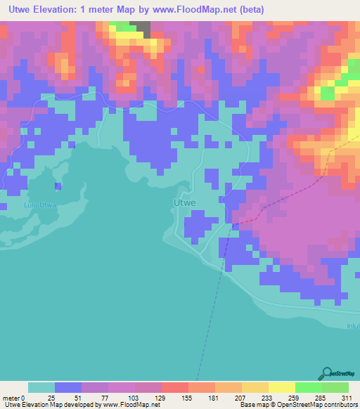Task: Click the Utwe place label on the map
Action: tap(184, 202)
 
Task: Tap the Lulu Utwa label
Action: tap(39, 205)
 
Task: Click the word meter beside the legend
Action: tap(12, 398)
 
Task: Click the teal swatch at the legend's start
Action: tap(41, 387)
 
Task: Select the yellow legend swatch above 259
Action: tap(281, 387)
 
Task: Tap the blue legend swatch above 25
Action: tap(68, 387)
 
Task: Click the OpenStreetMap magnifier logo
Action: tap(326, 374)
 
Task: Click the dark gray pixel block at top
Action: tap(143, 27)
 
